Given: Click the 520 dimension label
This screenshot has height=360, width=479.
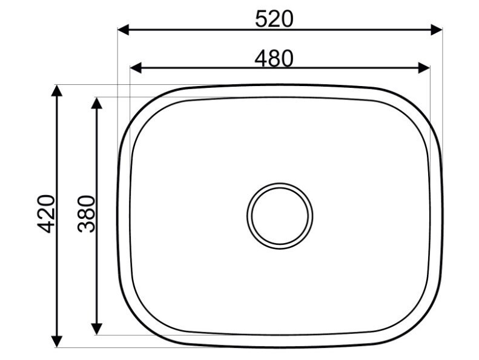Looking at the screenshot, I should coord(274,19).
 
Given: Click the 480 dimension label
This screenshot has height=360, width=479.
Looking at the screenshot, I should coord(274,58).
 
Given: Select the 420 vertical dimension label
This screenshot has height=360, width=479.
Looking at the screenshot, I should coord(47,213).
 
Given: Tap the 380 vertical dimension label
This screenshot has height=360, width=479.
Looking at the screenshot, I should coord(87,213).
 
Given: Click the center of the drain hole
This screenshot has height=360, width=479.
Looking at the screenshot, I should coord(280,215).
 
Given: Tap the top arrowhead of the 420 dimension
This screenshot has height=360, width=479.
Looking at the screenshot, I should coord(57,90).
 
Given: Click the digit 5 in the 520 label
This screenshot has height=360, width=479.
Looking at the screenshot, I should coord(261,19).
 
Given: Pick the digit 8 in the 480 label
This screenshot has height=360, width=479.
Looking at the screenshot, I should coord(274,58).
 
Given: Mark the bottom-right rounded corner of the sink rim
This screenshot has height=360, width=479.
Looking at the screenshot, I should coord(421,326).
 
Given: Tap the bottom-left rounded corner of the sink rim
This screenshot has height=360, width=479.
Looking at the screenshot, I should coord(139,326).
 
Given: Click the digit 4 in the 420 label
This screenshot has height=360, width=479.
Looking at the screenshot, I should coord(47,226).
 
